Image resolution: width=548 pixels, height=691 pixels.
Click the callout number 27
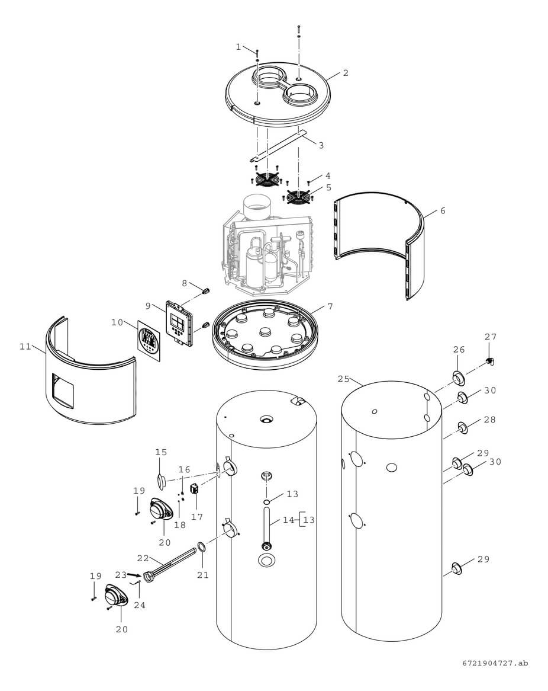click(491, 337)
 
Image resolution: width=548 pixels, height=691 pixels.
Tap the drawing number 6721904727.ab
click(496, 663)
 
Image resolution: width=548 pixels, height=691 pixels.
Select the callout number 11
click(25, 347)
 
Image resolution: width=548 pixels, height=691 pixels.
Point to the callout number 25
click(344, 378)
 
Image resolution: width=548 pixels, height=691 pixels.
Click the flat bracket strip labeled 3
click(278, 146)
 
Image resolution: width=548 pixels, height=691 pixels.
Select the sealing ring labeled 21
click(201, 546)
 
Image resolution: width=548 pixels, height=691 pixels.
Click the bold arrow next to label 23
click(135, 574)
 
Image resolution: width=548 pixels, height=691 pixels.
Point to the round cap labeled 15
click(160, 479)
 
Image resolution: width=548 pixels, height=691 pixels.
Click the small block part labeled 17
click(194, 491)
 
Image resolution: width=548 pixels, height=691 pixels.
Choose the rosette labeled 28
click(461, 427)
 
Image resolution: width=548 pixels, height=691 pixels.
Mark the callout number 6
click(443, 210)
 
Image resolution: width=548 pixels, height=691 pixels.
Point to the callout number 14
click(288, 520)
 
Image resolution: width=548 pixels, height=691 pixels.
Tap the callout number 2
click(346, 73)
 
